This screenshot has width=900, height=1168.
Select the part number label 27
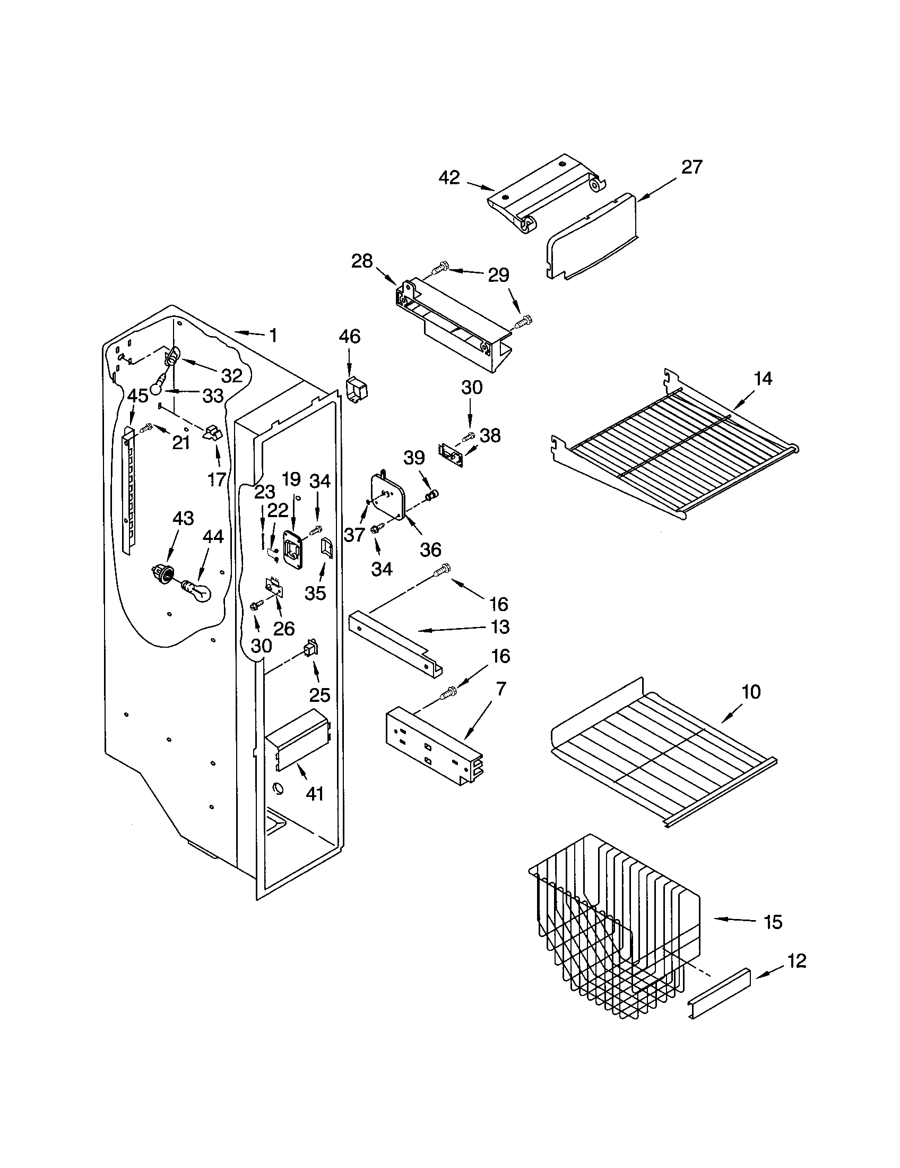pyautogui.click(x=691, y=167)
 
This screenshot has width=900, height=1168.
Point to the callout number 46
pyautogui.click(x=350, y=337)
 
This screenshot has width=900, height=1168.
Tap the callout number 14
pyautogui.click(x=763, y=379)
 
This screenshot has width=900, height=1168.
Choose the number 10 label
pyautogui.click(x=751, y=691)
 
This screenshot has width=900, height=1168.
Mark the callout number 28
pyautogui.click(x=361, y=262)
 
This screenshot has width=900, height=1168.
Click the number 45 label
pyautogui.click(x=137, y=396)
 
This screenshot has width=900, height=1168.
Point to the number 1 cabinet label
pyautogui.click(x=273, y=336)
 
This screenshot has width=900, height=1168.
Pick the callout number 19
pyautogui.click(x=291, y=479)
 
